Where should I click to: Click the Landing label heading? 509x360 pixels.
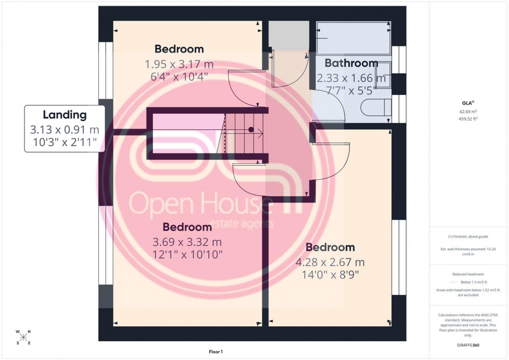64,115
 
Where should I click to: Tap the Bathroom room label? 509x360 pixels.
351,63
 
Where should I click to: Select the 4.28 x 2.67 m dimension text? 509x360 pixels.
330,262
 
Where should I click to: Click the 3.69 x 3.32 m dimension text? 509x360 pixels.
187,242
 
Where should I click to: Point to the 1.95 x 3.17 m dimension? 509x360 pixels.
179,64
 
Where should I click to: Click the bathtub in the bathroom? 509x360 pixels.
353,38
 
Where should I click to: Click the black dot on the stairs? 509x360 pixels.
251,129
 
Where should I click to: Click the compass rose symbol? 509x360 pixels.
23,337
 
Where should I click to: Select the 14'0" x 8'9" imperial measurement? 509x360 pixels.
330,274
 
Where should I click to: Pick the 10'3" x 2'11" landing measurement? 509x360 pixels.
64,142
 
